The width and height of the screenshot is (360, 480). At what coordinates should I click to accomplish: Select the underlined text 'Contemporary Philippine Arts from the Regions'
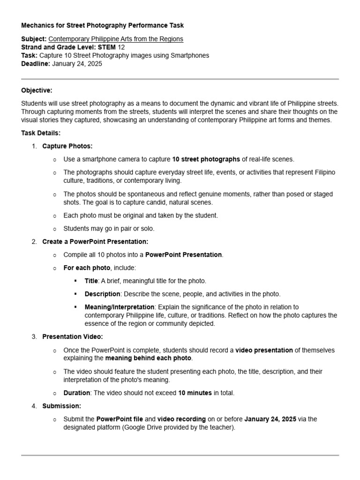[116, 39]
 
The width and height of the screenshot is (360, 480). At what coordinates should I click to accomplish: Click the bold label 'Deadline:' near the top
[36, 64]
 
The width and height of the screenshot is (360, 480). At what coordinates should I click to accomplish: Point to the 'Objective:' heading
[37, 90]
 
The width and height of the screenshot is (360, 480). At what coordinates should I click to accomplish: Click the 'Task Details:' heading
[41, 133]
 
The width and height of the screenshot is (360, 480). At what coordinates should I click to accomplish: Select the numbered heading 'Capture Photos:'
[67, 146]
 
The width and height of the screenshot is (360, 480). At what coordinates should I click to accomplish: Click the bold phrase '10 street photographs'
[206, 159]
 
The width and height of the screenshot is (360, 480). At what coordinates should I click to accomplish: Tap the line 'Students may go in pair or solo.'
[109, 229]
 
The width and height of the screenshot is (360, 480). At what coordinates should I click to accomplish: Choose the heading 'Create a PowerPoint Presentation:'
[95, 242]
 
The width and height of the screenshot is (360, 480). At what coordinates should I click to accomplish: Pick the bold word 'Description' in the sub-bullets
[102, 294]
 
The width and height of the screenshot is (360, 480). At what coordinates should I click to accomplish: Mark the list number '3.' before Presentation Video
[34, 337]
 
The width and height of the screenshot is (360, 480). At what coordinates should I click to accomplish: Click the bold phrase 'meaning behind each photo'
[148, 358]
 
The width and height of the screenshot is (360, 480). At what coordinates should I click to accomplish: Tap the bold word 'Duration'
[76, 393]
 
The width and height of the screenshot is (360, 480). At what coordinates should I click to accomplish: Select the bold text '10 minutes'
[195, 393]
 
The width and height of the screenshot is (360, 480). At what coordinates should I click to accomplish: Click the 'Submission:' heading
[61, 406]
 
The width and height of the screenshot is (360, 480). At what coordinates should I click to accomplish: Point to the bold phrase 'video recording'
[181, 419]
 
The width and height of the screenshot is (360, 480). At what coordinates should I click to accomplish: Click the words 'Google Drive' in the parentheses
[143, 427]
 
